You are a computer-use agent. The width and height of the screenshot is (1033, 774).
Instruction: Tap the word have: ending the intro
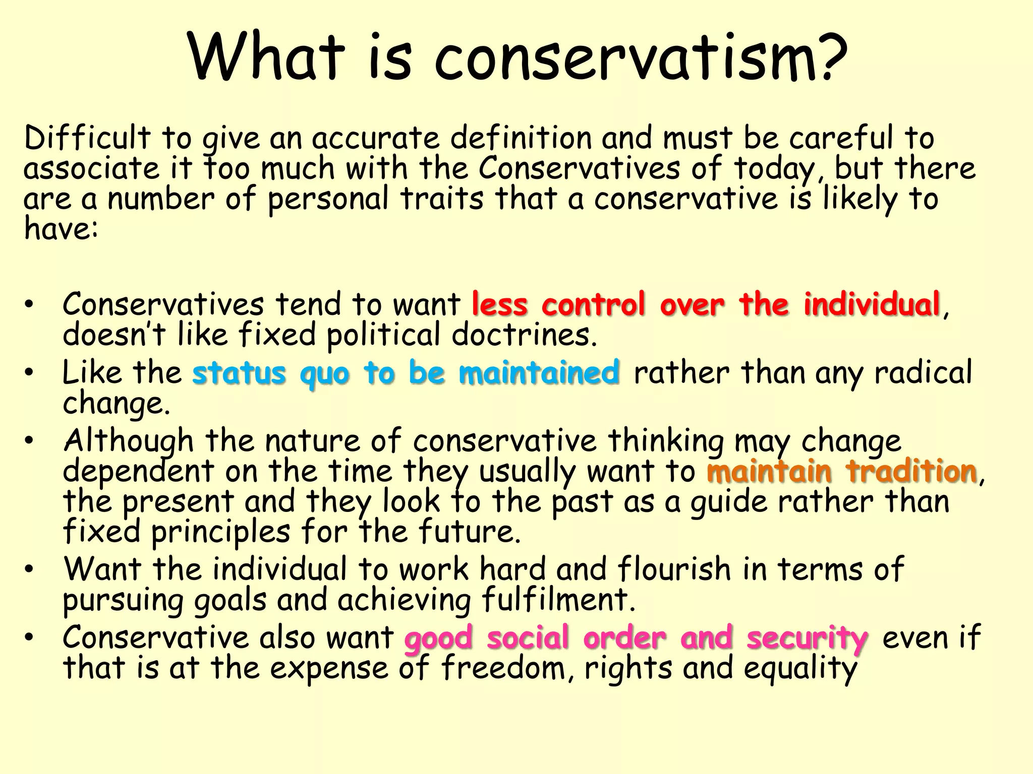tap(61, 229)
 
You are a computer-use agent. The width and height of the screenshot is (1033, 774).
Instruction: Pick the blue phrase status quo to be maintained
tap(406, 373)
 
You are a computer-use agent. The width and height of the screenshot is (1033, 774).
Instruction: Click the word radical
tap(923, 373)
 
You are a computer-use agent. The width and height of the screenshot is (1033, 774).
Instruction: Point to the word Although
tap(129, 441)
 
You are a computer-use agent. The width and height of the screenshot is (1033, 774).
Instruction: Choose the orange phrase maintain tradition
tap(842, 472)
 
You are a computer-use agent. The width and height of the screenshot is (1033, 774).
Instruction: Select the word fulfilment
tap(557, 600)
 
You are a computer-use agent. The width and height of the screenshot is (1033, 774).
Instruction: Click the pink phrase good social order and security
tap(636, 637)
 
